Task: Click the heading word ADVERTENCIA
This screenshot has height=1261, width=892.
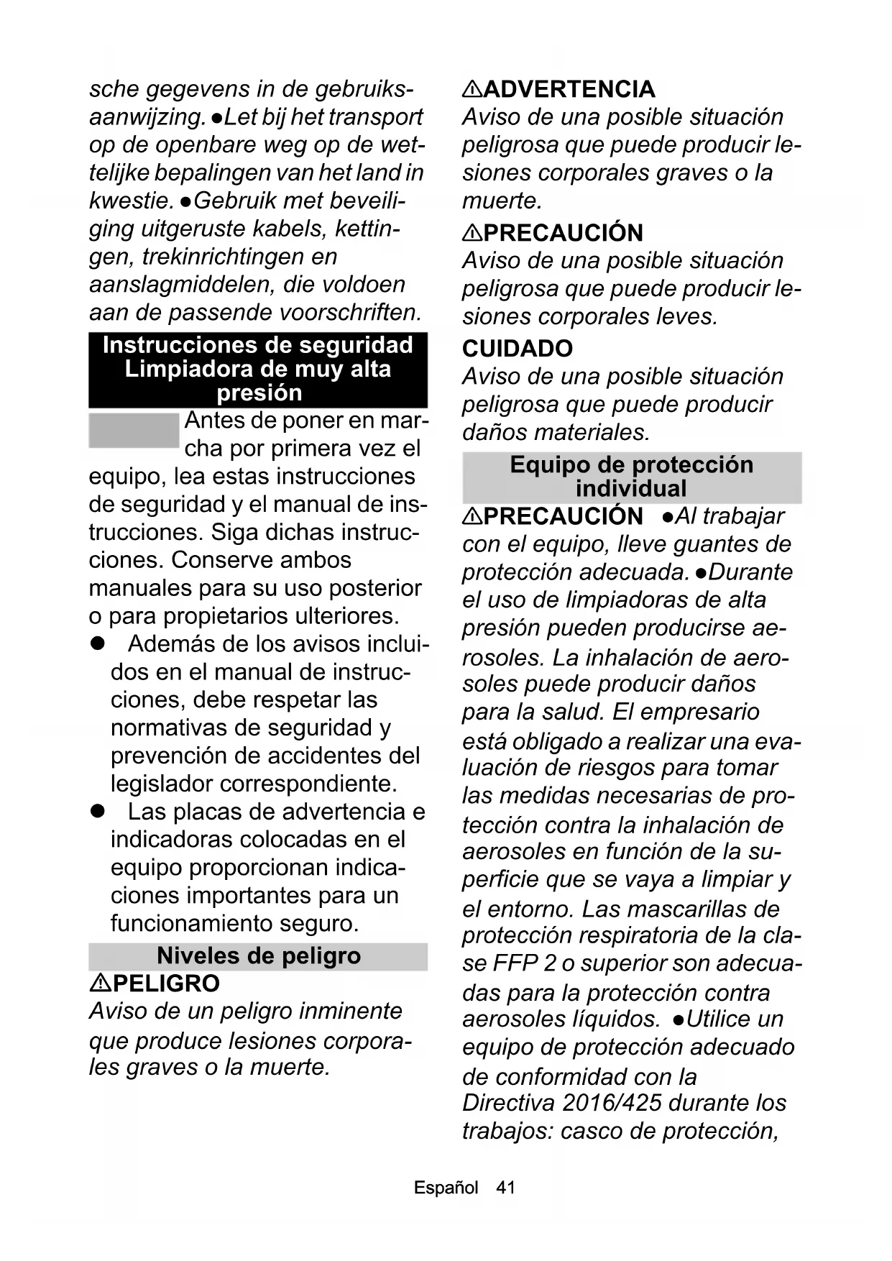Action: (569, 89)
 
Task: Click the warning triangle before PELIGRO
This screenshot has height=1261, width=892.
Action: (100, 983)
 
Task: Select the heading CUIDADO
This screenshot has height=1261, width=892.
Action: (518, 349)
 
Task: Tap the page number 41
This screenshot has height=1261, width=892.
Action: (506, 1188)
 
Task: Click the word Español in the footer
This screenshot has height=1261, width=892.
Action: (446, 1188)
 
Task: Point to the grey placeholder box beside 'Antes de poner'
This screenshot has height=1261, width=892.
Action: (134, 431)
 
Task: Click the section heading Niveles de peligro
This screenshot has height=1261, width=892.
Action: (259, 956)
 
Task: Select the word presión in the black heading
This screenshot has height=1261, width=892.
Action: (259, 393)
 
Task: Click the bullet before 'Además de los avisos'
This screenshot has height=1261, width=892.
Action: (98, 643)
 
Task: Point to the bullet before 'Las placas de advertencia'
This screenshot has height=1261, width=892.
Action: (98, 812)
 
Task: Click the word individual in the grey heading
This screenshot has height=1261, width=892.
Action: (631, 489)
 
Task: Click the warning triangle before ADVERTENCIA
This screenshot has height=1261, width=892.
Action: (472, 89)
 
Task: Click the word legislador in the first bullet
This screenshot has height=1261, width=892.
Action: (162, 784)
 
